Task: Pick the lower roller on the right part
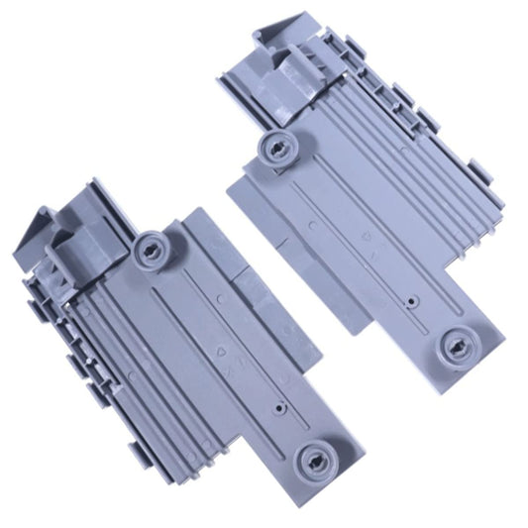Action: [x=459, y=346]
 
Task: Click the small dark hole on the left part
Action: [x=282, y=405]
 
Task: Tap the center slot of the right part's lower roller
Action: [x=460, y=346]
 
